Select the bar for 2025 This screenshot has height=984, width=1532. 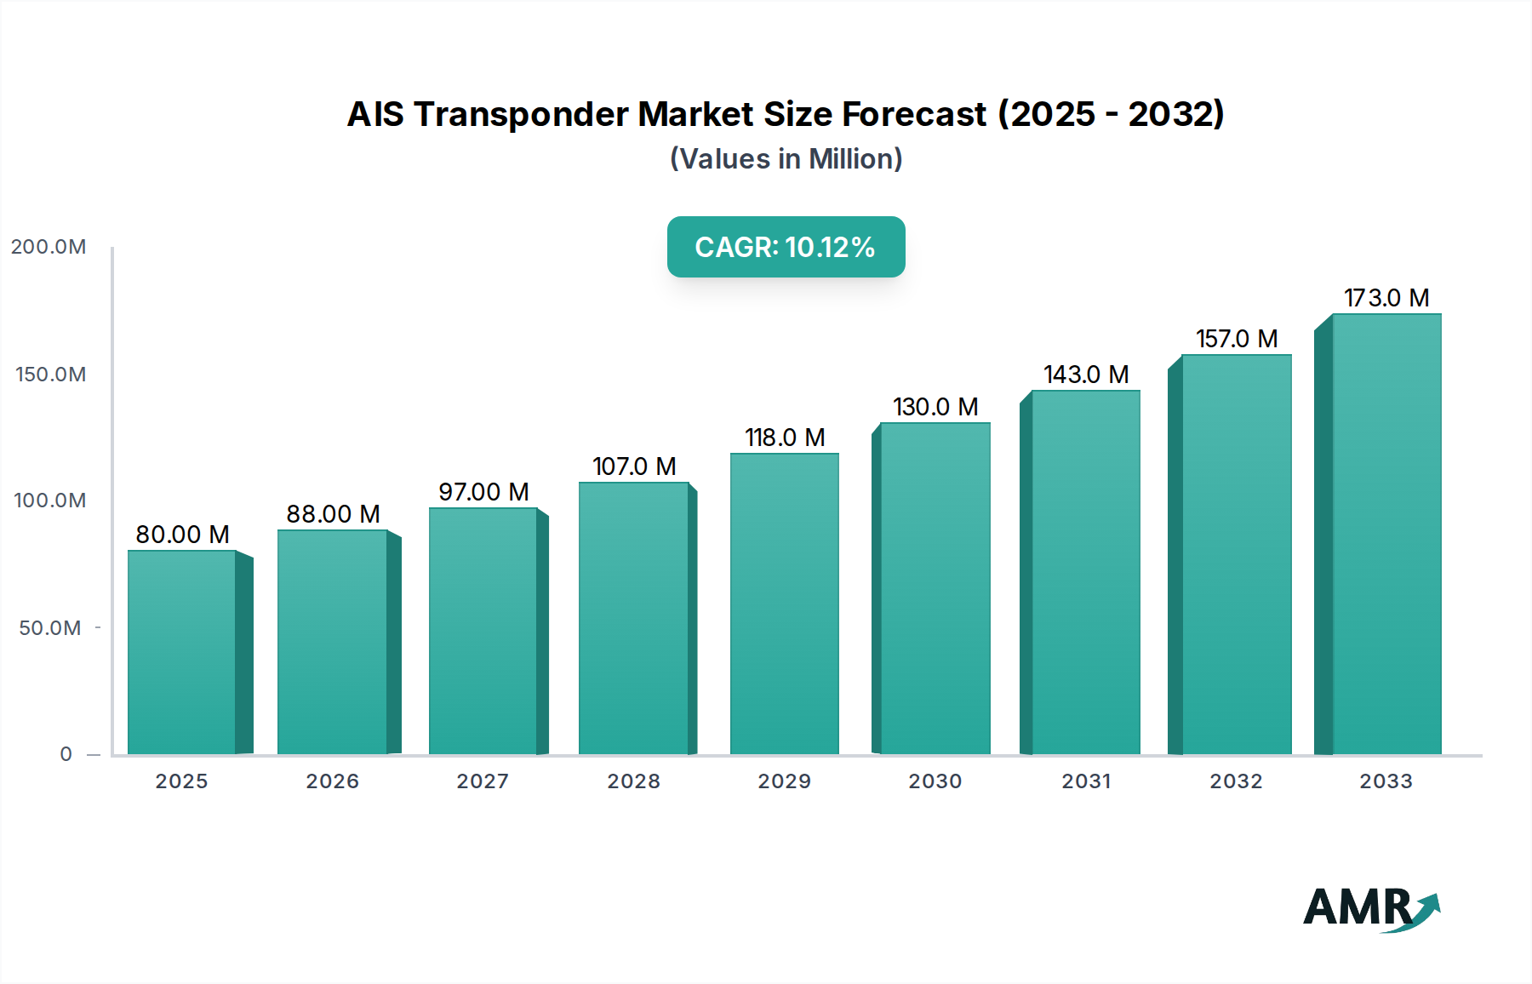tap(181, 652)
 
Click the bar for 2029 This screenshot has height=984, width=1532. tap(784, 604)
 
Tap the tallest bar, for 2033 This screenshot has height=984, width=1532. tap(1386, 534)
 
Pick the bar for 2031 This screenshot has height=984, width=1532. tap(1085, 572)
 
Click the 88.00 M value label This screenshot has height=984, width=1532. tap(333, 514)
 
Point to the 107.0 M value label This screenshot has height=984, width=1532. tap(634, 466)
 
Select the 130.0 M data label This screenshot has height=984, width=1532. tap(935, 407)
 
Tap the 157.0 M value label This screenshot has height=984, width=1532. tap(1237, 339)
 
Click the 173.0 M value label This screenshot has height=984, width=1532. tap(1386, 298)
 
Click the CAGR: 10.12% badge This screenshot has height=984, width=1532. tap(786, 247)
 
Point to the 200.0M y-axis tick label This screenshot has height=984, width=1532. tap(49, 247)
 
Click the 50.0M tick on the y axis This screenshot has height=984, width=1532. tap(50, 628)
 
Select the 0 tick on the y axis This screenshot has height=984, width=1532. tap(66, 754)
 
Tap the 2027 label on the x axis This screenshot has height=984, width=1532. tap(483, 781)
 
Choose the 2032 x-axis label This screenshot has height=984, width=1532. tap(1236, 781)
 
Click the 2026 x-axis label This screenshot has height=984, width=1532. tap(332, 781)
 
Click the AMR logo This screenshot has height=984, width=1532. tap(1370, 908)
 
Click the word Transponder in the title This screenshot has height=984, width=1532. tap(521, 114)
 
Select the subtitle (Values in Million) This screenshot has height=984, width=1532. tap(786, 159)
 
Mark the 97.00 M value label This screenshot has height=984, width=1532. tap(483, 492)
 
